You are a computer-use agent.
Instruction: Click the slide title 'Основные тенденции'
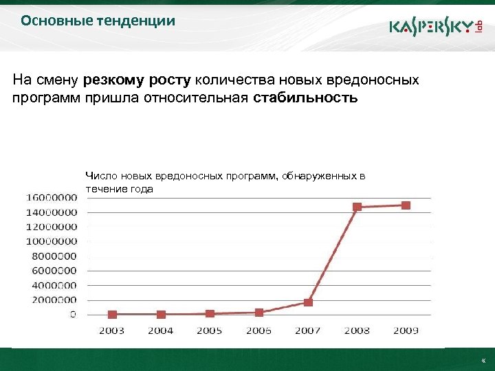[x=98, y=21]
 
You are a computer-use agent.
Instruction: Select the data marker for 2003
[x=112, y=315]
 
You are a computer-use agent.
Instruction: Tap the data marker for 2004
[x=161, y=315]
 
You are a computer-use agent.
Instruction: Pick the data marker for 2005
[x=210, y=313]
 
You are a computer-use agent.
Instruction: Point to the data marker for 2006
[x=259, y=312]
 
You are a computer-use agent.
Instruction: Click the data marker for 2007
[x=308, y=302]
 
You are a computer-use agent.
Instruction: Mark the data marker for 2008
[x=357, y=207]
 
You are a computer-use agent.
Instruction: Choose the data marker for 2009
[x=406, y=205]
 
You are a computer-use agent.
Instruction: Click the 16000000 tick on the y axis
[x=52, y=197]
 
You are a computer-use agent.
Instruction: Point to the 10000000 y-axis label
[x=52, y=241]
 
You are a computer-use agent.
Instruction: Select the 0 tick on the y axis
[x=73, y=315]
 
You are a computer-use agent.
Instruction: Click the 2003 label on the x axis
[x=112, y=330]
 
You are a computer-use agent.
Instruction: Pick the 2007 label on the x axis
[x=308, y=330]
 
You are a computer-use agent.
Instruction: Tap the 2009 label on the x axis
[x=406, y=330]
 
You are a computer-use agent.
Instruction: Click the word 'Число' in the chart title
[x=100, y=177]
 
